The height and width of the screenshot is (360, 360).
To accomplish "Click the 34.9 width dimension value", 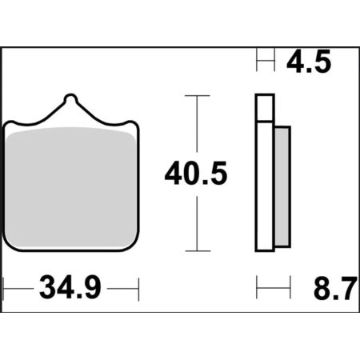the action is coord(70,288).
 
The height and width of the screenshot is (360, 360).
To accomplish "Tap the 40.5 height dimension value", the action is coord(196,174).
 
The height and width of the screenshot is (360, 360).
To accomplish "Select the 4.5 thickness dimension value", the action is coord(309,62).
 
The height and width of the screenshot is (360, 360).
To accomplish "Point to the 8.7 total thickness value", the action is coord(335,288).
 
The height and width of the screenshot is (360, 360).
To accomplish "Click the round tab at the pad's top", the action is coord(70,99).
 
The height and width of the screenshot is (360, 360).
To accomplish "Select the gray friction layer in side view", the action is coord(282,186).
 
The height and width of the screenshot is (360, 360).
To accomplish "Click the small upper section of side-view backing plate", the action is coord(265,107).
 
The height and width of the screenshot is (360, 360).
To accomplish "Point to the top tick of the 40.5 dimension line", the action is coord(198,95).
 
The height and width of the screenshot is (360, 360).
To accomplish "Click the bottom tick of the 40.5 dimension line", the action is coord(198,251).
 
